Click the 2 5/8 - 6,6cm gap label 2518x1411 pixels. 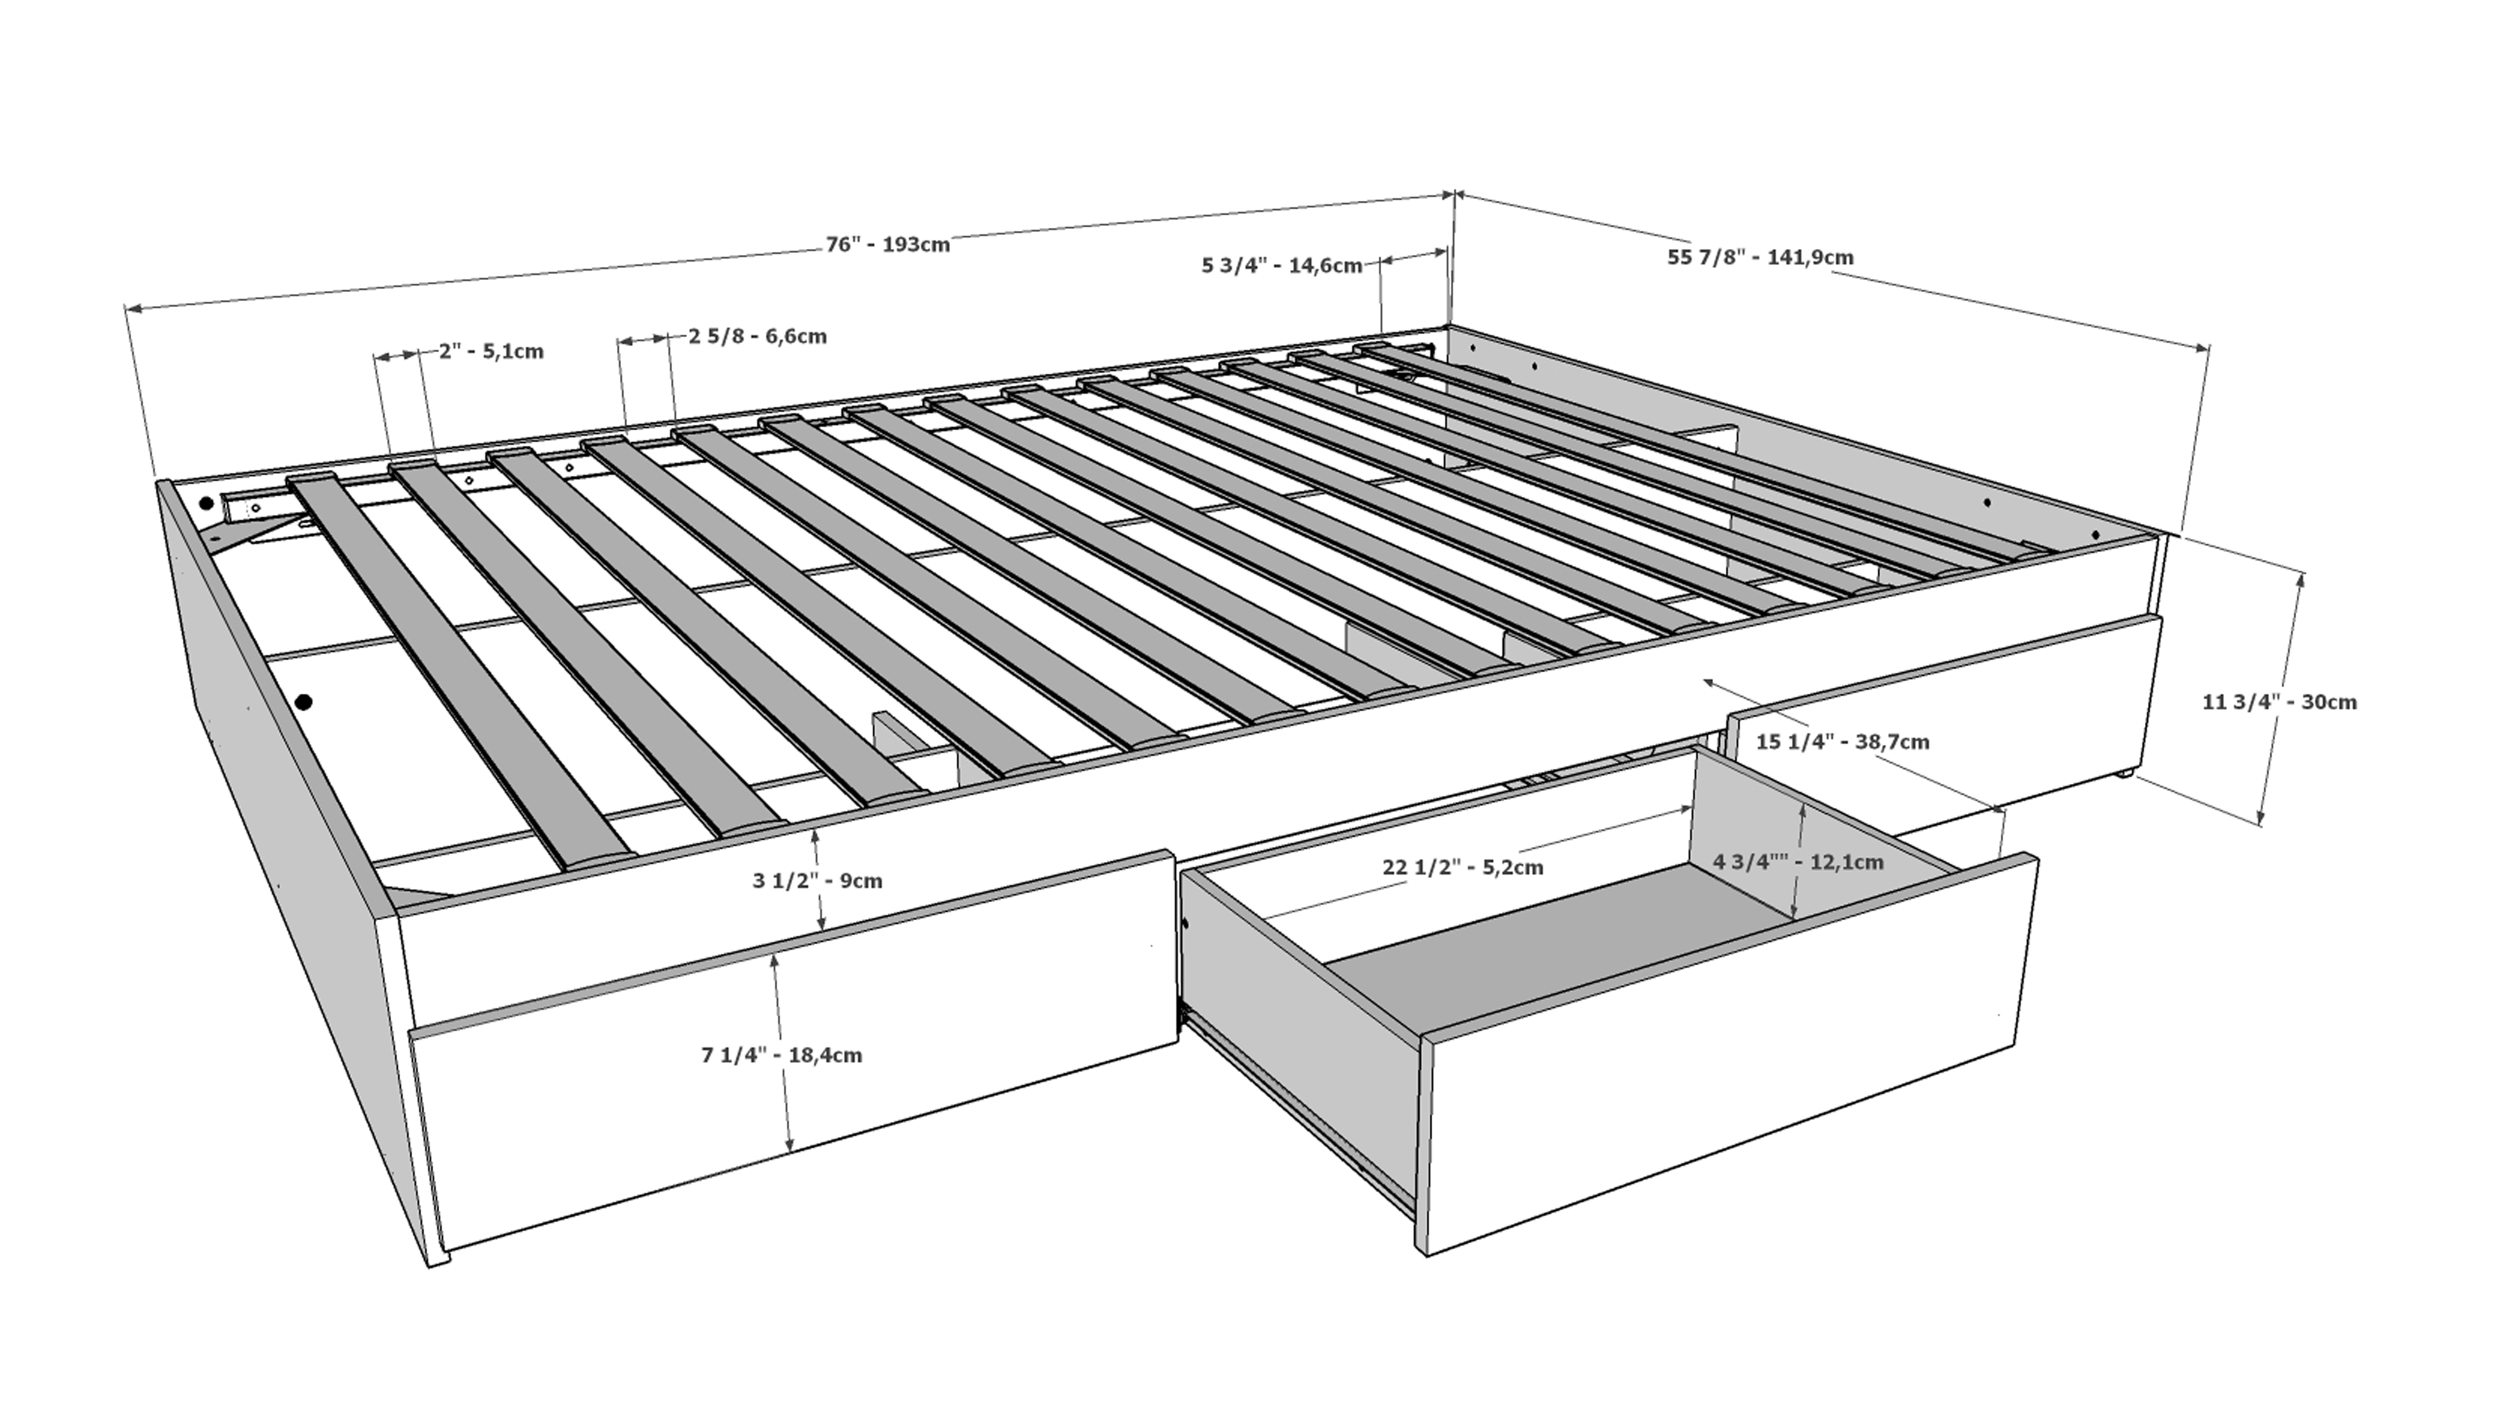tap(757, 336)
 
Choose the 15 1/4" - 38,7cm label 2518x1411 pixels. tap(1843, 741)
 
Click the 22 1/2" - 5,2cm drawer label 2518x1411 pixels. tap(1462, 866)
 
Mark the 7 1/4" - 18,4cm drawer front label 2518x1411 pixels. tap(782, 1055)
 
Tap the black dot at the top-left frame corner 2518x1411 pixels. tap(206, 505)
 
